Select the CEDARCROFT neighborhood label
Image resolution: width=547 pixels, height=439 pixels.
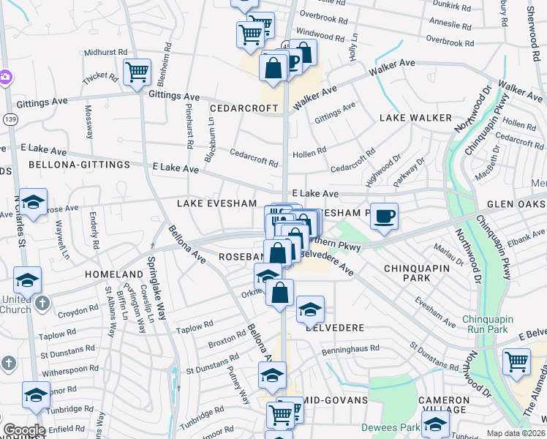click(244, 108)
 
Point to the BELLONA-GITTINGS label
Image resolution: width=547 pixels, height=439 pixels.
click(69, 165)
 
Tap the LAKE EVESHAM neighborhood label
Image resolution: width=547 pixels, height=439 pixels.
click(217, 203)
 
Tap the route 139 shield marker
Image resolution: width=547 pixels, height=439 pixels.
click(10, 119)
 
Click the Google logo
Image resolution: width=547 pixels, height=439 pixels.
click(25, 430)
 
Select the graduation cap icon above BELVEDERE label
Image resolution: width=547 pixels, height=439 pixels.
click(310, 309)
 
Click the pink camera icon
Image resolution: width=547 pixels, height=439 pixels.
click(4, 76)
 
